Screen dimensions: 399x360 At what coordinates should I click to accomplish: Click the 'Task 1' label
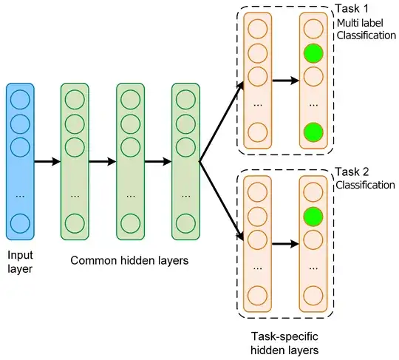pos(352,9)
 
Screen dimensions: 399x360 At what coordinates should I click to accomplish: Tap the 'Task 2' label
pos(352,171)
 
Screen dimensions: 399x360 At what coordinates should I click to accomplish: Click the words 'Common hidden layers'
pos(129,261)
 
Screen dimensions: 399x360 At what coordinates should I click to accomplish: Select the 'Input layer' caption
pos(20,262)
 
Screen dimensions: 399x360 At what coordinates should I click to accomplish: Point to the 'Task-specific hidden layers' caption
pos(284,343)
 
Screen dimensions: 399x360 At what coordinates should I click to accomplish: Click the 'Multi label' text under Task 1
pos(360,23)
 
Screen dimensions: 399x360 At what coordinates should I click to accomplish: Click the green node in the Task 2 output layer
pos(313,217)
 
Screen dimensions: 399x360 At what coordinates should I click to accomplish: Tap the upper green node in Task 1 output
pos(313,53)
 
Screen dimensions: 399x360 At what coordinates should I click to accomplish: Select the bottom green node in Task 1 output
pos(313,132)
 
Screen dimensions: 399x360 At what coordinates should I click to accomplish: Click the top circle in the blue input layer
pos(20,100)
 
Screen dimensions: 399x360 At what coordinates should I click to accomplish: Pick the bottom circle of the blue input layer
pos(20,223)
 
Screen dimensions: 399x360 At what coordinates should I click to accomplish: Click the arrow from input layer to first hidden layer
pos(47,161)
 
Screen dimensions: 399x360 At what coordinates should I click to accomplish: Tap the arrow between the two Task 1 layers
pos(285,81)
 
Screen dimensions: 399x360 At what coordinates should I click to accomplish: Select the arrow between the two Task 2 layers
pos(285,244)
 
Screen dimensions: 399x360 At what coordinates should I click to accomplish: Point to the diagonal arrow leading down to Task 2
pos(222,201)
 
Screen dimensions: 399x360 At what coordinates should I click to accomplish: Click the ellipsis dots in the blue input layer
pos(20,197)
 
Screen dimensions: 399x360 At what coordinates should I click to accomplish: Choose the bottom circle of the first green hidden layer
pos(75,223)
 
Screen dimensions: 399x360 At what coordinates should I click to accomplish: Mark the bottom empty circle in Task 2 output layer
pos(313,296)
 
